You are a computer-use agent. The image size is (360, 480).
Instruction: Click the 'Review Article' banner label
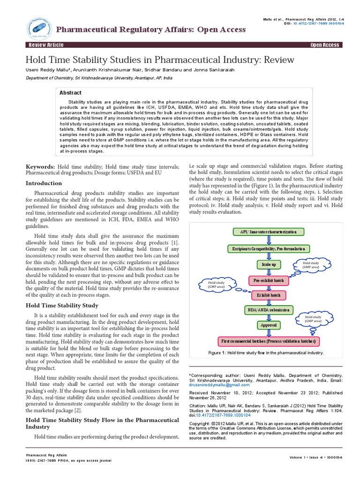pyautogui.click(x=46, y=45)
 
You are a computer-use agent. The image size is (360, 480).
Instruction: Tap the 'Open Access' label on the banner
pyautogui.click(x=324, y=45)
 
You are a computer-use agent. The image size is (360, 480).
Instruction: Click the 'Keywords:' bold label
pyautogui.click(x=40, y=167)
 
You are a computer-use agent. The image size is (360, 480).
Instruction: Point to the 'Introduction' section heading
pyautogui.click(x=44, y=183)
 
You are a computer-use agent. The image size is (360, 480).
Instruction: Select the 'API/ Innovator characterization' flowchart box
pyautogui.click(x=269, y=232)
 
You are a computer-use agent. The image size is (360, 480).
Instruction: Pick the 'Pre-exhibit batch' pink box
pyautogui.click(x=268, y=280)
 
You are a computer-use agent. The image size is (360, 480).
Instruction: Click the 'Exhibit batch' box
pyautogui.click(x=268, y=295)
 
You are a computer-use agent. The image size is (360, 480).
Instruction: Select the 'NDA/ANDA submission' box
pyautogui.click(x=268, y=310)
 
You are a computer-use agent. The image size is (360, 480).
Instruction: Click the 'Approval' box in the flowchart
pyautogui.click(x=268, y=325)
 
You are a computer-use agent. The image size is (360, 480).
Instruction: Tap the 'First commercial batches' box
pyautogui.click(x=268, y=340)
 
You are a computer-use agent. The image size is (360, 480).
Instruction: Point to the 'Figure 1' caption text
pyautogui.click(x=266, y=352)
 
